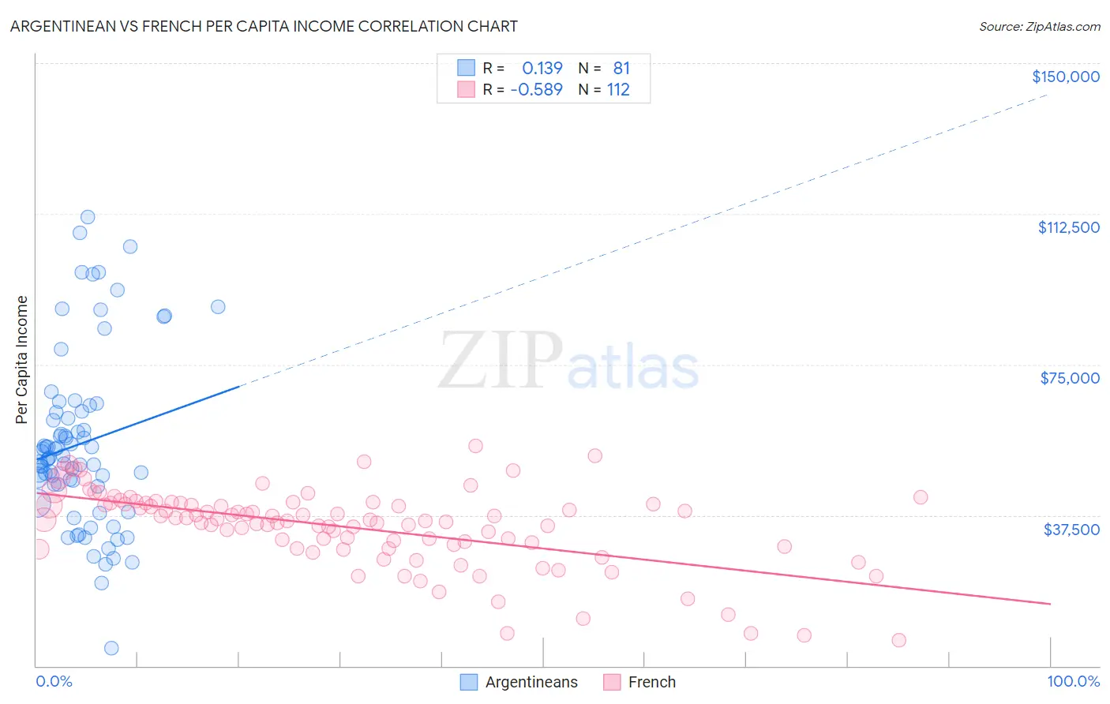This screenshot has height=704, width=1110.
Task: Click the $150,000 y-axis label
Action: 1065,77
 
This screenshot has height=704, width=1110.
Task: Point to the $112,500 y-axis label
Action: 1068,227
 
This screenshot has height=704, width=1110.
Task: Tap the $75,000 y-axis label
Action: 1070,378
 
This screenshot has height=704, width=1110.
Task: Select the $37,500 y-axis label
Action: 1071,530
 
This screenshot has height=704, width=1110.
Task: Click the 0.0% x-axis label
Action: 54,682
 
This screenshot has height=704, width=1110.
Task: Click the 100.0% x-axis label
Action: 1073,682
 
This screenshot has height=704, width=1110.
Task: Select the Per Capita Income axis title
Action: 22,359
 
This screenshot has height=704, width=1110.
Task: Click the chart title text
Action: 264,26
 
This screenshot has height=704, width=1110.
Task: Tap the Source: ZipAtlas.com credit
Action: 1039,27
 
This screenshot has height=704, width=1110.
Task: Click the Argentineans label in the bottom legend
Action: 531,683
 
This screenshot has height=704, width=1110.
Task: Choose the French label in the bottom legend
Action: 651,683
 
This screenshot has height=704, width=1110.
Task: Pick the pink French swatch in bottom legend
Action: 612,683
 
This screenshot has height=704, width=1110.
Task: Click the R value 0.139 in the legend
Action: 542,69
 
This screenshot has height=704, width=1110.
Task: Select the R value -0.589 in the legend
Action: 537,90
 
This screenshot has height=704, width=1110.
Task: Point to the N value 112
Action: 618,90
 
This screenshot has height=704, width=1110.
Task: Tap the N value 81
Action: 621,69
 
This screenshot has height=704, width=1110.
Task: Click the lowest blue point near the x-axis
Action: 111,648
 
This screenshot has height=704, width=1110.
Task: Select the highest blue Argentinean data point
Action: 88,217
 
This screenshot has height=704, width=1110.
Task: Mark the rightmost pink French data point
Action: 921,497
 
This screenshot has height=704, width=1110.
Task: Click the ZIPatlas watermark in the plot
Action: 568,361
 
